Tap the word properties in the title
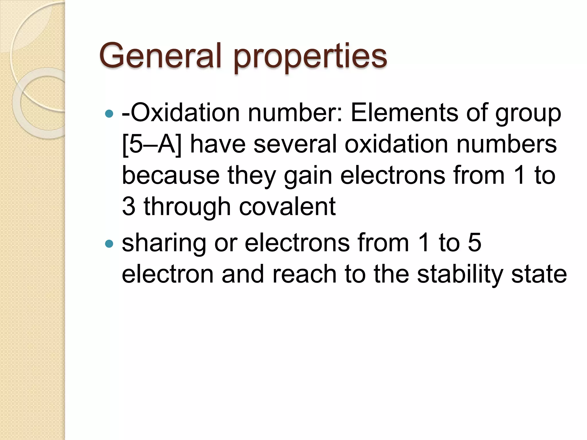coord(310,57)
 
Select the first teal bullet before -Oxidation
coord(109,114)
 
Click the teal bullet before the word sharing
coord(109,244)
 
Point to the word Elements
coord(404,113)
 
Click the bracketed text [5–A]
coord(152,145)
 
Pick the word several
coord(295,144)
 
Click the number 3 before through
coord(129,207)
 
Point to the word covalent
coord(287,207)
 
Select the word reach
coord(304,274)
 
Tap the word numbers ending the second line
coord(506,144)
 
